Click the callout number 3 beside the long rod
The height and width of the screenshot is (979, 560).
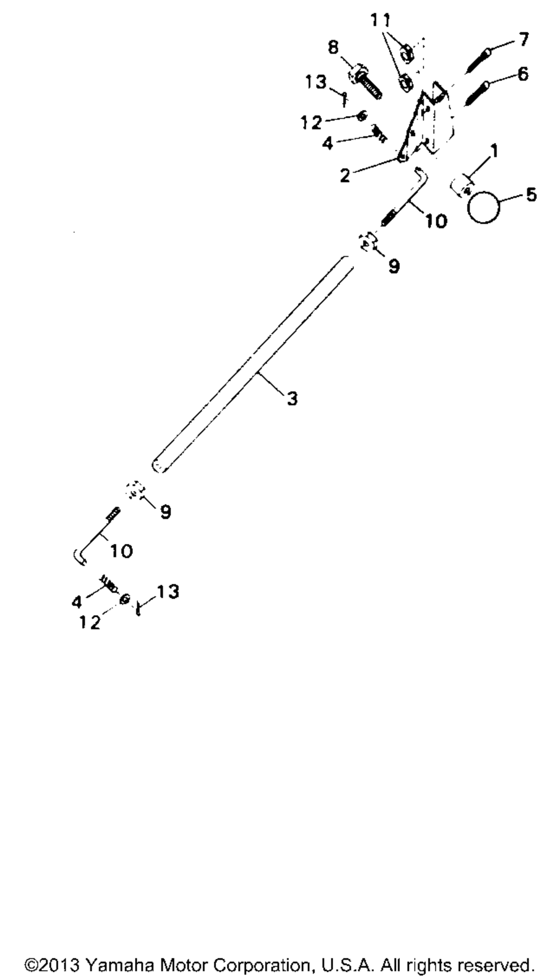coord(292,399)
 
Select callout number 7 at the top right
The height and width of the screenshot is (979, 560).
coord(523,40)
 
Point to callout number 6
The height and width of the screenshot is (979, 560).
coord(522,73)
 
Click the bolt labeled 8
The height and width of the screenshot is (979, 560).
coord(366,83)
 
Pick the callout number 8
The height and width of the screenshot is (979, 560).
coord(334,47)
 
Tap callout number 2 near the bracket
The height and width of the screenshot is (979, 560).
coord(345,176)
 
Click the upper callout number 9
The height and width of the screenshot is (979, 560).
coord(394,266)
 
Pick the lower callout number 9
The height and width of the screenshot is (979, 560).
coord(165,511)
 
